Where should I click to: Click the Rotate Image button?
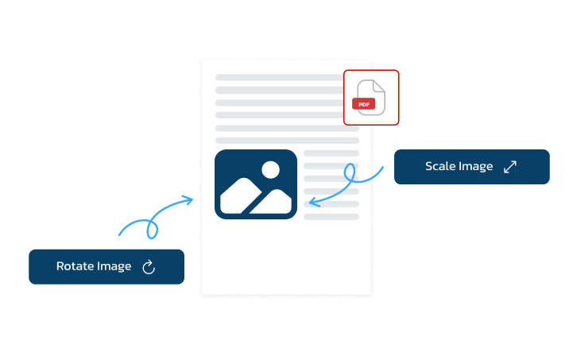coord(106,266)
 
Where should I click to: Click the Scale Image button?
coord(471,167)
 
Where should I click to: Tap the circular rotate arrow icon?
coord(148,267)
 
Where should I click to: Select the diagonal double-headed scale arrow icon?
coord(510,167)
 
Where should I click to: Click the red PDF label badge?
coord(363,104)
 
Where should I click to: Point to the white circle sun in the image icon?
coord(270,169)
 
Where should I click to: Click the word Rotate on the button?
coord(76,266)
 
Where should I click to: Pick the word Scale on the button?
coord(441,167)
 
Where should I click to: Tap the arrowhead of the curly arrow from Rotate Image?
coord(189,199)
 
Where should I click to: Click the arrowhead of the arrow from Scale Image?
coord(312,203)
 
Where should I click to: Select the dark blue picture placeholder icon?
coord(255,184)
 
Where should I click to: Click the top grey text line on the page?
coord(278,78)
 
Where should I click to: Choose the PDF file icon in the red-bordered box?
coord(370,97)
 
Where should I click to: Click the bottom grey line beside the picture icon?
coord(331,216)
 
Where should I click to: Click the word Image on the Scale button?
coord(477,167)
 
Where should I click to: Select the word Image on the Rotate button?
coord(114,266)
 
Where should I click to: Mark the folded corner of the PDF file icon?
coord(379,85)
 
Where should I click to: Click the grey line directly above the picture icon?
coord(287,140)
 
